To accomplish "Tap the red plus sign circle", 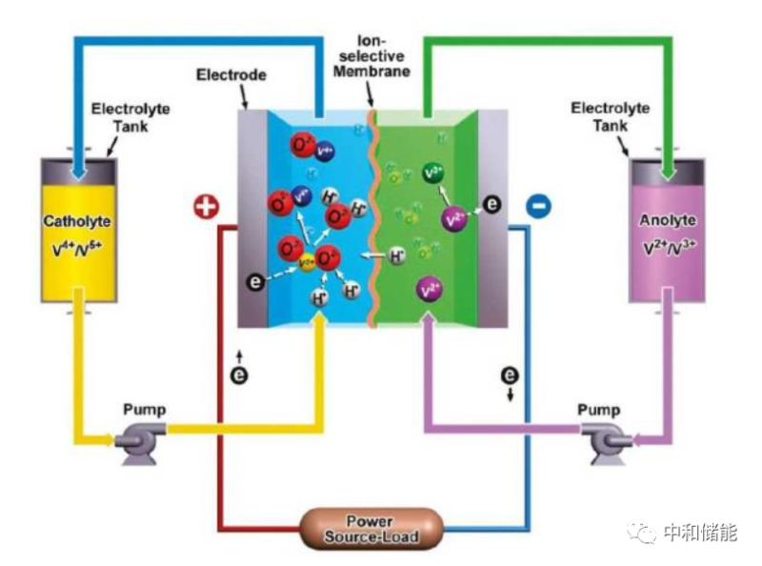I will click(206, 206).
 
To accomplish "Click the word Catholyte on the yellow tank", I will click(77, 221).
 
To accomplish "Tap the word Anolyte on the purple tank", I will click(667, 221).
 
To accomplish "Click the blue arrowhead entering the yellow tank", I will click(83, 172).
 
